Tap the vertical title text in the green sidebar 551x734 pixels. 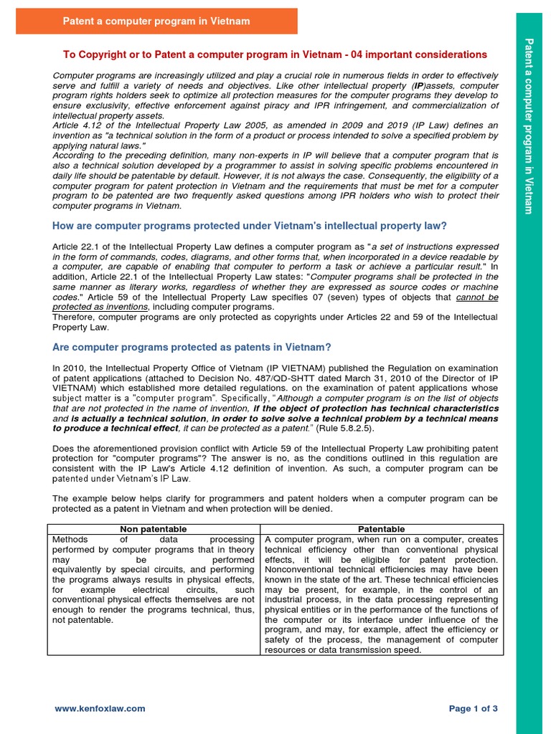[529, 125]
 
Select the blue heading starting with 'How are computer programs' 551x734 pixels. [250, 226]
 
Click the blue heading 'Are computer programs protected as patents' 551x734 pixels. [192, 347]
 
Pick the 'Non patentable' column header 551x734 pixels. [154, 528]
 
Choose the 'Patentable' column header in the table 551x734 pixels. [384, 528]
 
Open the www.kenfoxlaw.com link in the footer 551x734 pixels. [100, 708]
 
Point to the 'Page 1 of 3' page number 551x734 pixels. [473, 708]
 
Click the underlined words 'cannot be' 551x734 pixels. [477, 297]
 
